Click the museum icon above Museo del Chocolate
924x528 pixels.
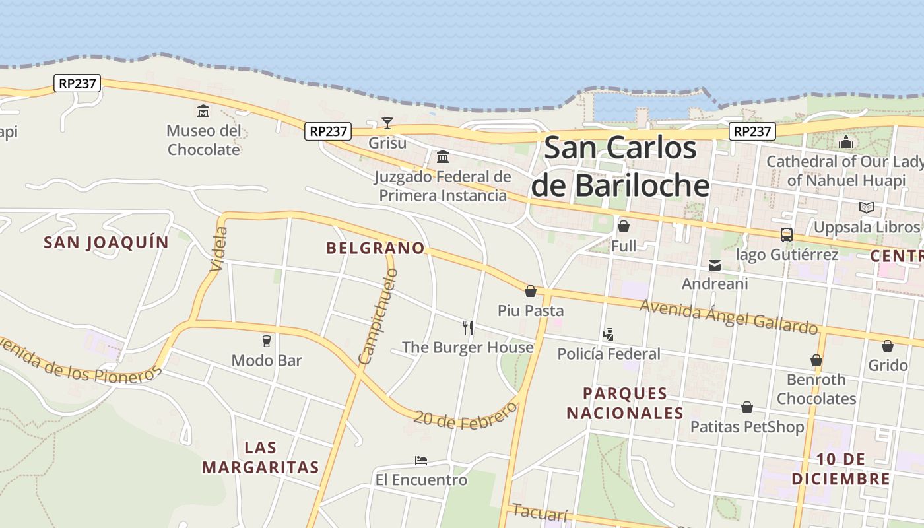(x=203, y=111)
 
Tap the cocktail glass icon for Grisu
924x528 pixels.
(x=387, y=123)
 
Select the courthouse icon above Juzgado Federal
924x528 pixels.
(x=443, y=157)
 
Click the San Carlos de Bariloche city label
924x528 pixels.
(x=620, y=166)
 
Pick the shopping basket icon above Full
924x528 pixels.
(x=624, y=227)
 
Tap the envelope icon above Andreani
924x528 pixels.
(x=715, y=265)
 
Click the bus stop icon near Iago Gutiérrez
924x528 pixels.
(x=787, y=234)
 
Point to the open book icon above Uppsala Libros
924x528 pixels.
(x=867, y=208)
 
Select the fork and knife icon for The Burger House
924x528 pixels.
(x=468, y=327)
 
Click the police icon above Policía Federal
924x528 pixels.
(x=608, y=335)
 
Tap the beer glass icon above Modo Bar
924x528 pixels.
(x=267, y=341)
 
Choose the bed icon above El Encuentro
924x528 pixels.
(x=421, y=460)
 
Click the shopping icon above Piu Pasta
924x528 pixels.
(x=531, y=291)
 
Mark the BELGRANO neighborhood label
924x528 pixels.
(x=376, y=248)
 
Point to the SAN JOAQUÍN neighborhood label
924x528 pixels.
(x=106, y=242)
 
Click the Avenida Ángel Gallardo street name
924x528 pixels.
(x=729, y=316)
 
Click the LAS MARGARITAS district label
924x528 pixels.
(x=261, y=457)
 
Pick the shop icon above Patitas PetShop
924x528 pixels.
(x=747, y=407)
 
